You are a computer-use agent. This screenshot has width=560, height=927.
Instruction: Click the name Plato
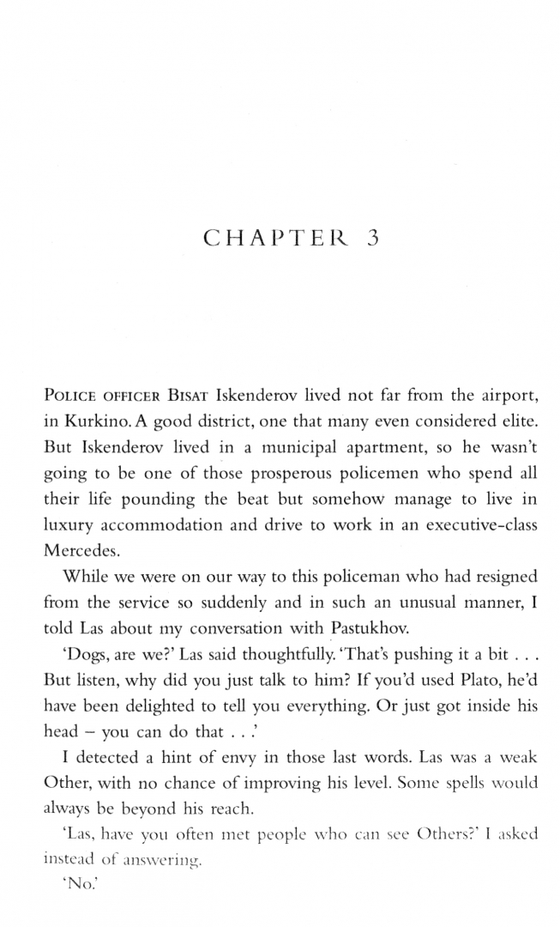(x=461, y=679)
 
